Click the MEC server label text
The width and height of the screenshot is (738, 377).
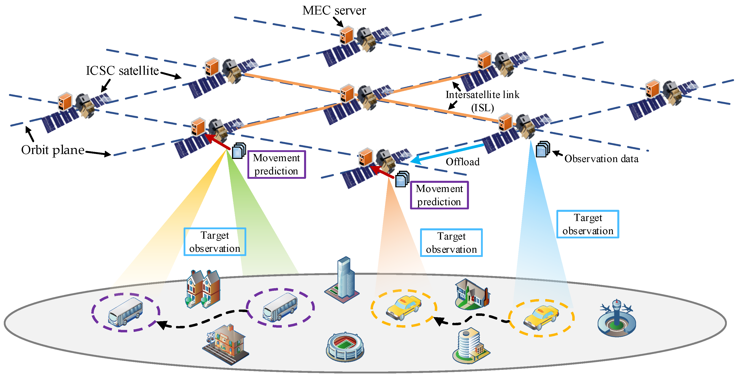point(334,11)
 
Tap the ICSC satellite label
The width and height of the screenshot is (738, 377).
point(122,71)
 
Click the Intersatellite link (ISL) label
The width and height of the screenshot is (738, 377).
point(483,101)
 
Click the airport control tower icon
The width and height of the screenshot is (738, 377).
point(617,318)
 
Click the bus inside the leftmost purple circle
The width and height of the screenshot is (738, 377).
point(125,312)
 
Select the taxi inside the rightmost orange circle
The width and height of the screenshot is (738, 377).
point(541,318)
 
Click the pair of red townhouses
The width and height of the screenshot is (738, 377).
point(203,289)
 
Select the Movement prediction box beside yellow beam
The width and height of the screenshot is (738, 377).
point(276,165)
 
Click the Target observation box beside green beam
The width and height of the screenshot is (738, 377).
point(215,242)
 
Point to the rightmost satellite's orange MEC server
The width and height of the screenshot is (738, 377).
point(653,89)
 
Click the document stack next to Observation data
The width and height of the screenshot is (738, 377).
point(543,149)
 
